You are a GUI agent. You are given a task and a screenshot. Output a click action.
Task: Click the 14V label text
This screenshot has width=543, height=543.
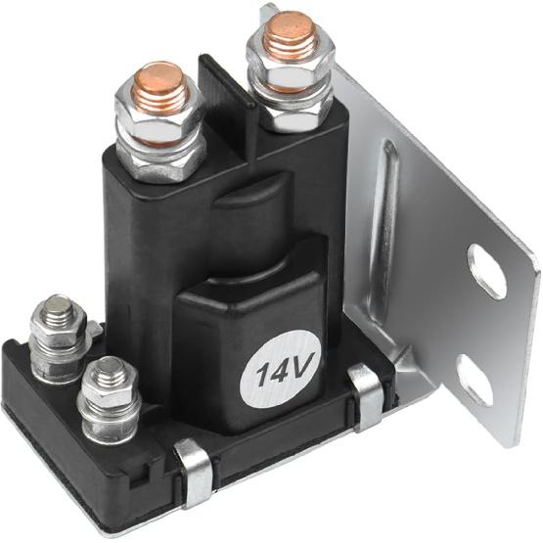coord(281,372)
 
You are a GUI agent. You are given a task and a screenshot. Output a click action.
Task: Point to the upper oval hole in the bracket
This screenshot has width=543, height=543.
coord(486,271)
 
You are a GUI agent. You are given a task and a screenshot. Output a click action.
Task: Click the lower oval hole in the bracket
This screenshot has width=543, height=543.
coord(475,381)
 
